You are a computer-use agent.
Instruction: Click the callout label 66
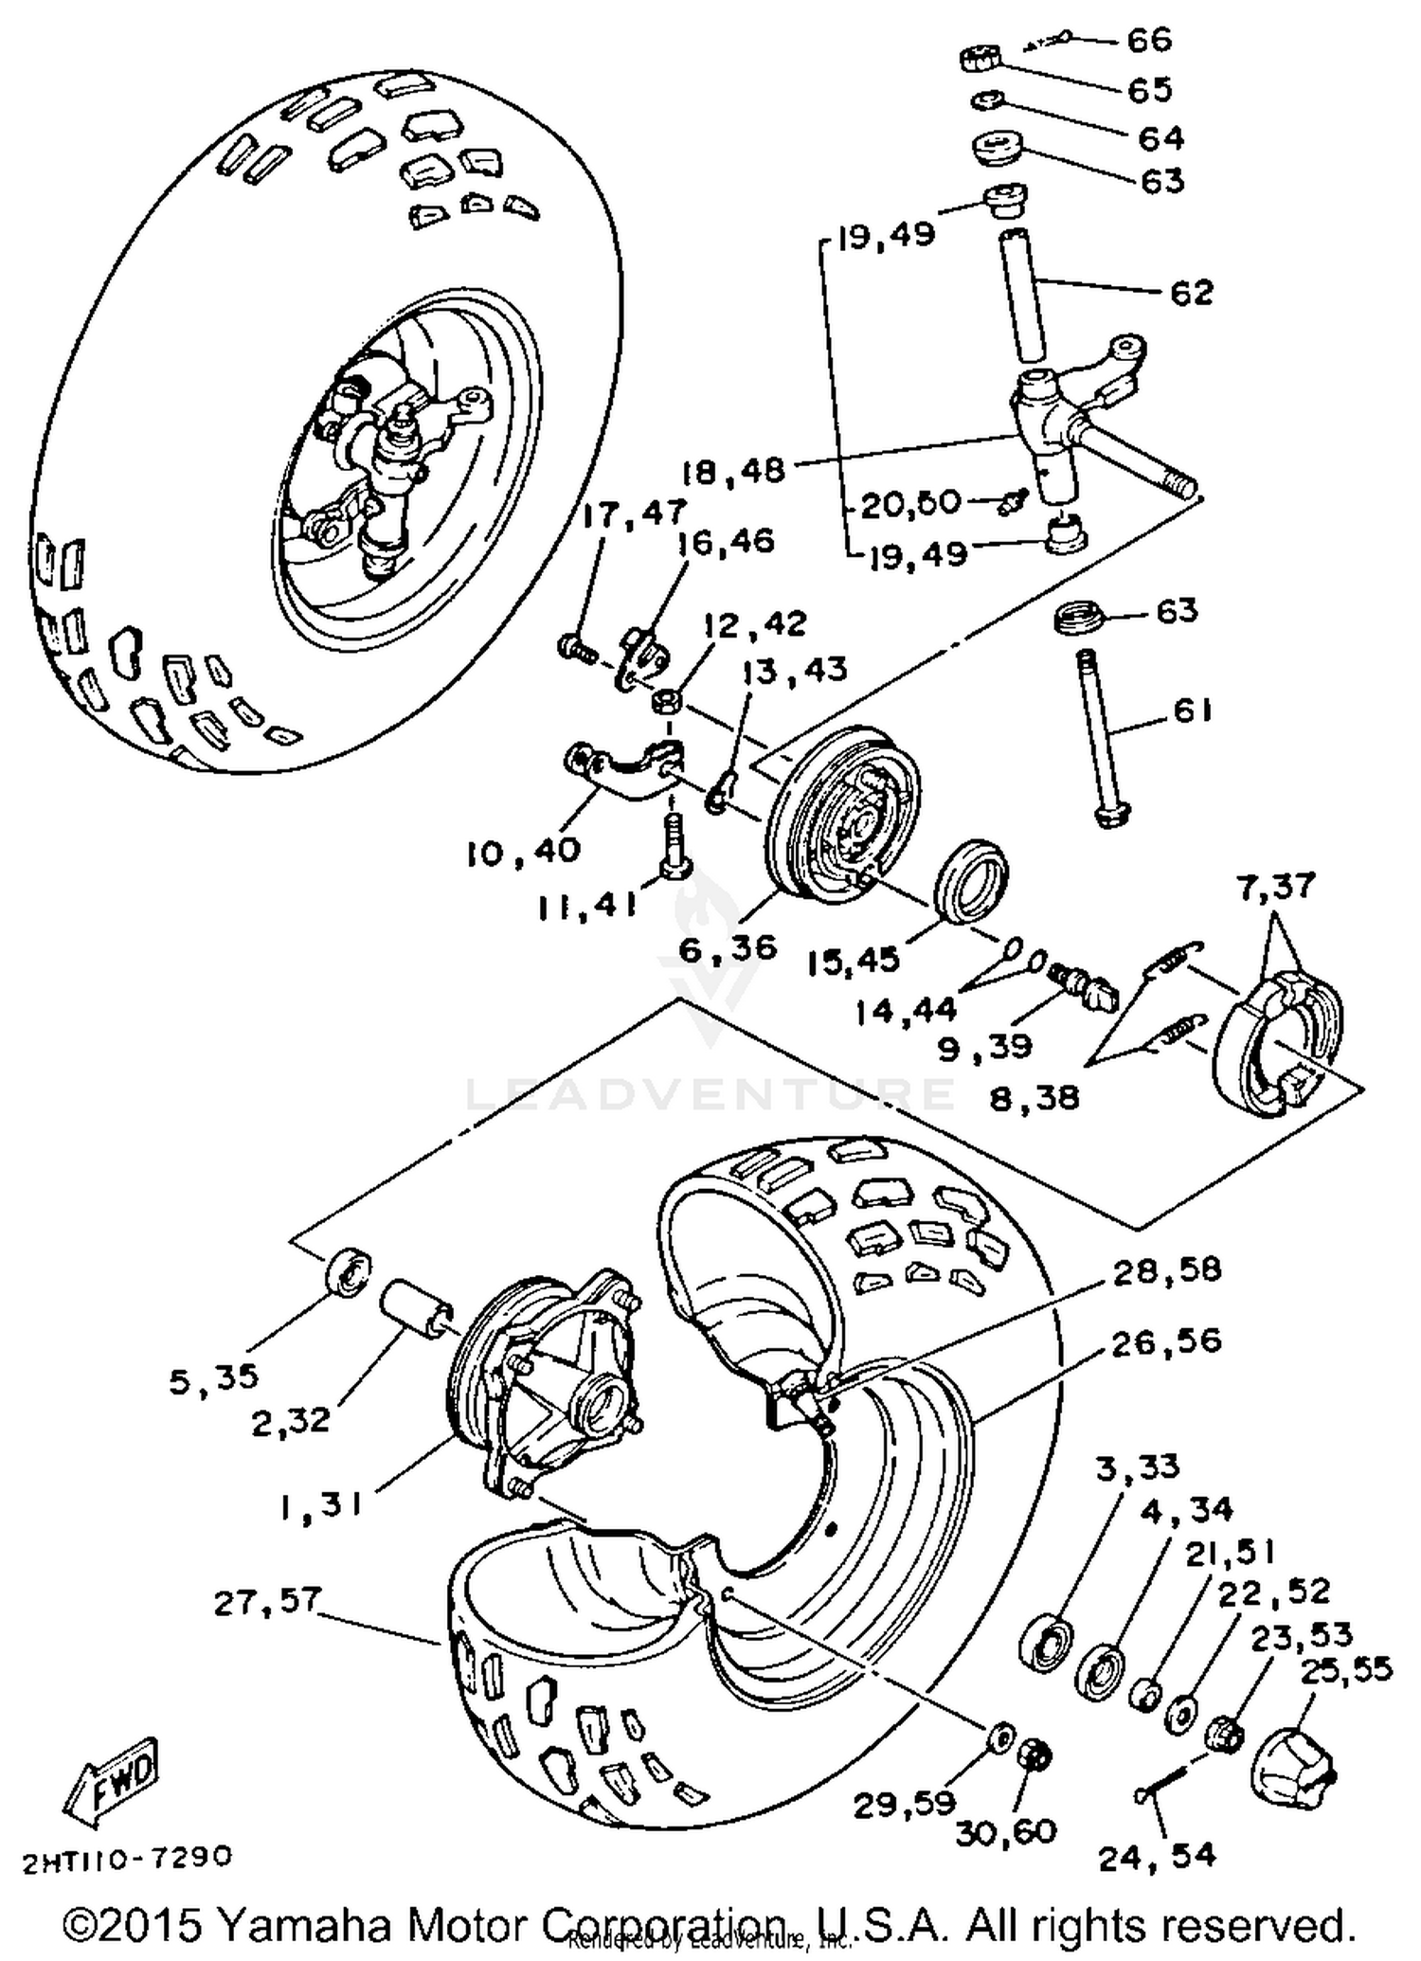(x=1149, y=40)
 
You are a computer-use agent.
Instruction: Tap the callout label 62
(x=1190, y=293)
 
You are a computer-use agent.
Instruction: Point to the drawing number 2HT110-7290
(x=127, y=1858)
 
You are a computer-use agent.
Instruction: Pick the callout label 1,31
(x=321, y=1505)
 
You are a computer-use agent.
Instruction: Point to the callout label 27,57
(x=267, y=1602)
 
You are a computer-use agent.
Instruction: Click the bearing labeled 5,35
(x=347, y=1269)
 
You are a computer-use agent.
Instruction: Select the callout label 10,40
(x=522, y=850)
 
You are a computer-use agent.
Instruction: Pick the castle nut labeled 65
(x=976, y=59)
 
